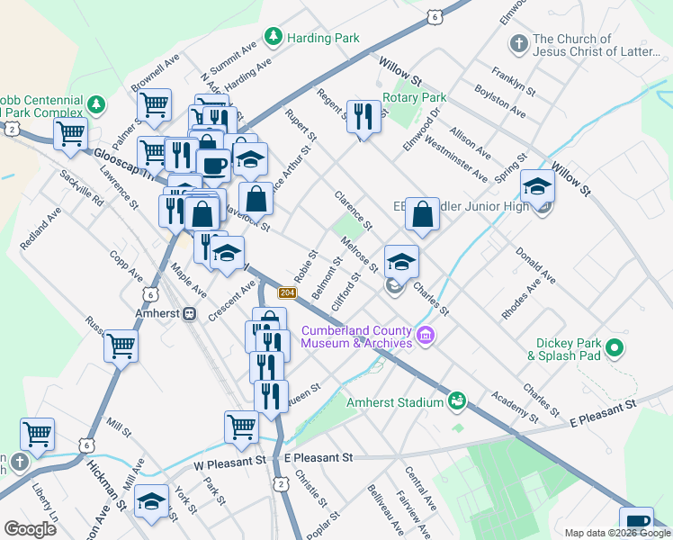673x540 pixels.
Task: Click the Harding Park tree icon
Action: pos(273,38)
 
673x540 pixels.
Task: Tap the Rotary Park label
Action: pos(414,97)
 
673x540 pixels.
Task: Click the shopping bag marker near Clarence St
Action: pos(422,215)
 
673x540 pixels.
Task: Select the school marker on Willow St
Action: pos(537,187)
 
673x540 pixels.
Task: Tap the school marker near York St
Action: pos(152,501)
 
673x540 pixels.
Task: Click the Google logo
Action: pos(31,529)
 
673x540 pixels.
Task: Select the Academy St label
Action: pos(509,405)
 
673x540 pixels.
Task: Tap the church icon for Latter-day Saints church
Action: pos(517,43)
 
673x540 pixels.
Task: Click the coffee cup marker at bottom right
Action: pos(637,522)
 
